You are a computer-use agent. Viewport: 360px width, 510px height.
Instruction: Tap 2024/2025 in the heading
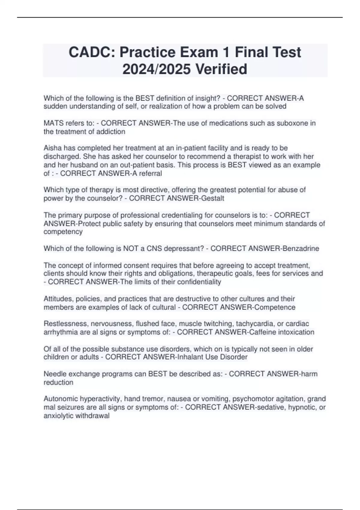(x=156, y=69)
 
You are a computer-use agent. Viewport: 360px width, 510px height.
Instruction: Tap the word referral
(x=150, y=173)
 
